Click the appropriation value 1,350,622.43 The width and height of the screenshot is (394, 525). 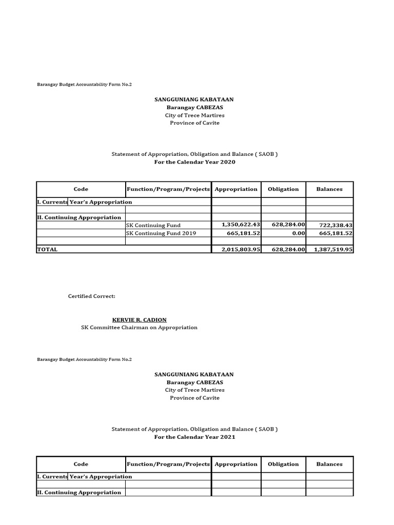(241, 225)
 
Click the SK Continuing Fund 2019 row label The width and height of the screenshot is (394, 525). (161, 233)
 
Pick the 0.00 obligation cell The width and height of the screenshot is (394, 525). (298, 233)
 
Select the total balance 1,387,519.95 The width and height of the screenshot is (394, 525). (330, 249)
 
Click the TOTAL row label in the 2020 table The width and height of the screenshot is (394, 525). (48, 249)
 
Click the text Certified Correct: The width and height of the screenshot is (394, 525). (92, 296)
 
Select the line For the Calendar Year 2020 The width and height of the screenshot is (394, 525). (194, 162)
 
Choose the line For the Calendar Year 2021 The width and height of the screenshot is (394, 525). (194, 437)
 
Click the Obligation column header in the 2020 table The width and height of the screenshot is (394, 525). (283, 189)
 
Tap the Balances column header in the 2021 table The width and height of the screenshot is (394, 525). (329, 464)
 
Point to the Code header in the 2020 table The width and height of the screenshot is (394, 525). (81, 189)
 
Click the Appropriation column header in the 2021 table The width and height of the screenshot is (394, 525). (236, 464)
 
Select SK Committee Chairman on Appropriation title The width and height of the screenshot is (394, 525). (139, 328)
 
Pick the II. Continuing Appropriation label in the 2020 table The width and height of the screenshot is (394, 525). (79, 217)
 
